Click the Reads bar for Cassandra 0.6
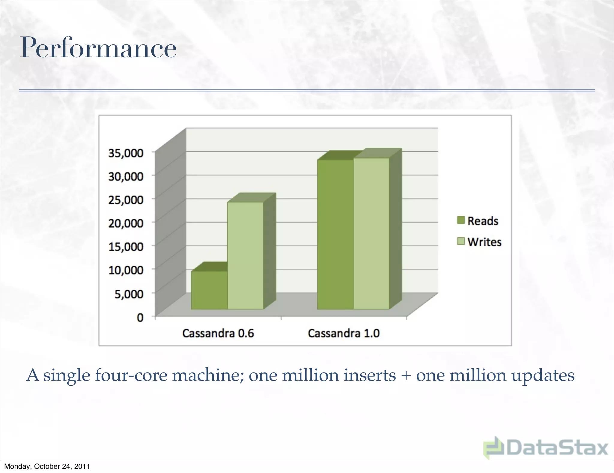[210, 290]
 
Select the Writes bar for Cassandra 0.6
[246, 255]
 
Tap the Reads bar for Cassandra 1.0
[335, 234]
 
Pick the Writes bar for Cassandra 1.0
[371, 233]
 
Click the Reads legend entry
[478, 221]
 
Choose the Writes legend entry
[479, 242]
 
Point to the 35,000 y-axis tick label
[126, 153]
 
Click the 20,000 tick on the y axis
[126, 223]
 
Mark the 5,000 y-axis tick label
[129, 294]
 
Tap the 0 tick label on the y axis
[140, 317]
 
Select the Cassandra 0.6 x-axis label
[218, 333]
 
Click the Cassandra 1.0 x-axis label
[344, 333]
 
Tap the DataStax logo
[546, 448]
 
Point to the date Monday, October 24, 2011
[47, 466]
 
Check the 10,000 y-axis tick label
[126, 270]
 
